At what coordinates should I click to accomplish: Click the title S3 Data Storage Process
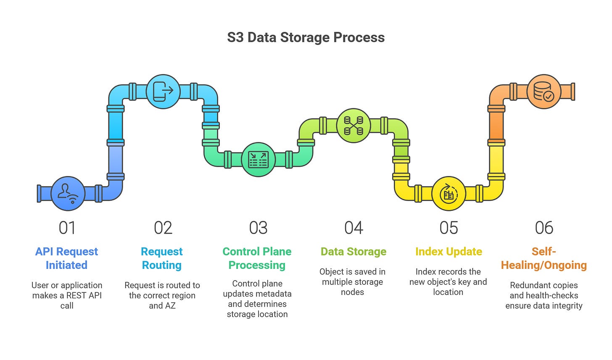coord(306,37)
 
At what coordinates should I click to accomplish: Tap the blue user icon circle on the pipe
coord(68,193)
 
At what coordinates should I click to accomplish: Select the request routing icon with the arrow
coord(163,92)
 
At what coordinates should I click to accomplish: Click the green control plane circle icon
coord(258,160)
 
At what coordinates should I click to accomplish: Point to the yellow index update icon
coord(448,194)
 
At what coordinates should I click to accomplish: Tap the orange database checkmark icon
coord(543,92)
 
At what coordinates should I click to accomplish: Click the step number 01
coord(67,228)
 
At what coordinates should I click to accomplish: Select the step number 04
coord(353,228)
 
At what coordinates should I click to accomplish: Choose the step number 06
coord(544,228)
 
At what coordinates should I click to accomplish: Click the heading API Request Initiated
coord(66,258)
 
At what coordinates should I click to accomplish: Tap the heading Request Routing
coord(162,258)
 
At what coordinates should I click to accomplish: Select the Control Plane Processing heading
coord(257,258)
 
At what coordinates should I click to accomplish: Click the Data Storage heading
coord(353,251)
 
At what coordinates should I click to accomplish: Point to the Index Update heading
coord(448,251)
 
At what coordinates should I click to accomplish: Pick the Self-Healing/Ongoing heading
coord(544,258)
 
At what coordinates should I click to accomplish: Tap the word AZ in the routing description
coord(169,305)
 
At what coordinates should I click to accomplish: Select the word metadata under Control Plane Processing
coord(274,294)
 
